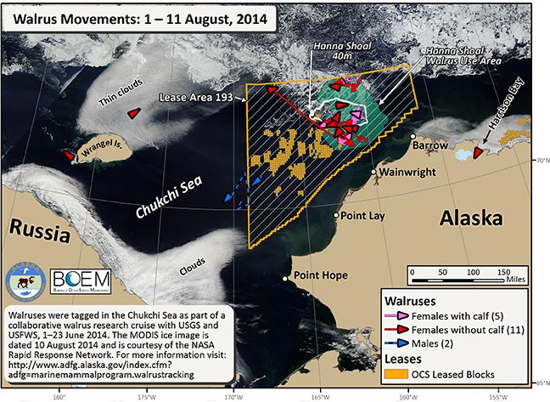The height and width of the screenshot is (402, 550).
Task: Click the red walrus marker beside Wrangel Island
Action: [x=68, y=156]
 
